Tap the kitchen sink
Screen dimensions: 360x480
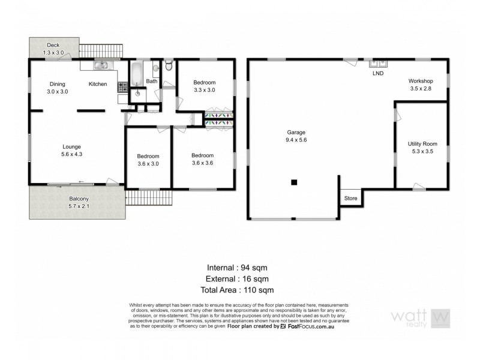(x=100, y=65)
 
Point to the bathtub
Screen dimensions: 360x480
(x=137, y=74)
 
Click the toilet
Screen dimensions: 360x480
(x=169, y=65)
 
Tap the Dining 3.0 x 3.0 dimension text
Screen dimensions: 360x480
(x=58, y=92)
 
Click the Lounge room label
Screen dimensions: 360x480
(x=71, y=146)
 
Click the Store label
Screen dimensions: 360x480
(x=350, y=197)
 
